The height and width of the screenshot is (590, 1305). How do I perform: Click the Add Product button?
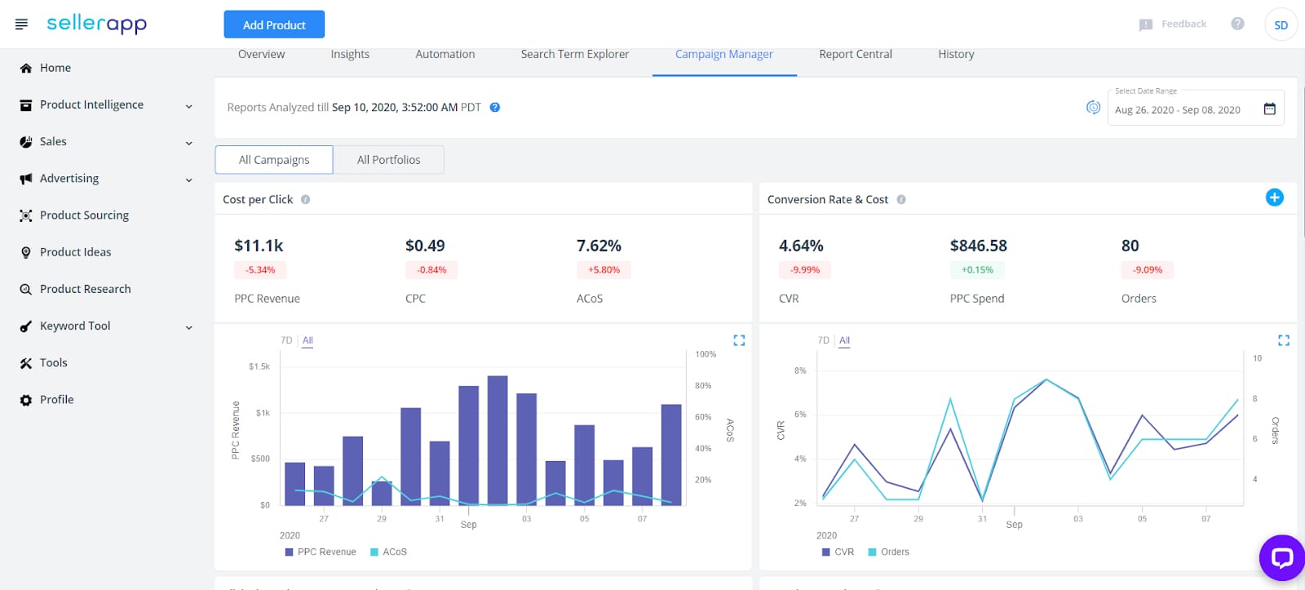pyautogui.click(x=274, y=24)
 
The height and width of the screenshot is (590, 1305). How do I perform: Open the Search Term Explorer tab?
pyautogui.click(x=574, y=54)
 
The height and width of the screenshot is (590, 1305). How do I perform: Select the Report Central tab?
pyautogui.click(x=855, y=54)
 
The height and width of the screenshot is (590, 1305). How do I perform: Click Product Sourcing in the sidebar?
pyautogui.click(x=84, y=215)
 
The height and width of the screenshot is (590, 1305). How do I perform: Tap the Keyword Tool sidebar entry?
pyautogui.click(x=75, y=326)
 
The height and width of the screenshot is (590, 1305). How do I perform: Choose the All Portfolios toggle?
pyautogui.click(x=388, y=160)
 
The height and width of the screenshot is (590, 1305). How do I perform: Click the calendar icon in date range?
pyautogui.click(x=1269, y=109)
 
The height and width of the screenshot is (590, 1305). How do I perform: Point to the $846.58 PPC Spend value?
pyautogui.click(x=978, y=246)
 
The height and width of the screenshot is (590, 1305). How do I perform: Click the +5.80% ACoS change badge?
pyautogui.click(x=604, y=270)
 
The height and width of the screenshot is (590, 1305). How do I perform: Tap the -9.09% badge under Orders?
pyautogui.click(x=1148, y=270)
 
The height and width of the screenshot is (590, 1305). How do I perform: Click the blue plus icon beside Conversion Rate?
pyautogui.click(x=1274, y=197)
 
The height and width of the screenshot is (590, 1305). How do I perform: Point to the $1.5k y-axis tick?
pyautogui.click(x=259, y=367)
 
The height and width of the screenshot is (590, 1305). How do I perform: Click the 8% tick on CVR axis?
pyautogui.click(x=800, y=370)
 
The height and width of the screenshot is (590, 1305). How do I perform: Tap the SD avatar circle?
pyautogui.click(x=1281, y=24)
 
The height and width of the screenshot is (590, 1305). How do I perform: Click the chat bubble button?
pyautogui.click(x=1281, y=557)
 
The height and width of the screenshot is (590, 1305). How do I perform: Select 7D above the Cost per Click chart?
pyautogui.click(x=286, y=340)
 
